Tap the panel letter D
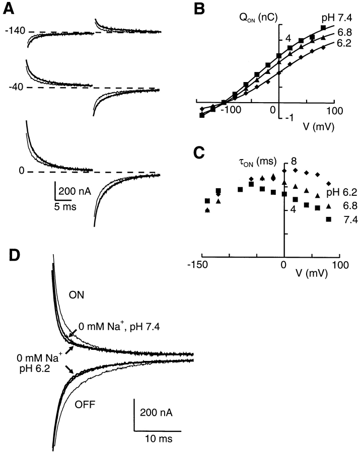(16, 255)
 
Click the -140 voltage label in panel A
(14, 32)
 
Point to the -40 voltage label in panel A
(15, 87)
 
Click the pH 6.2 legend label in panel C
(333, 191)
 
